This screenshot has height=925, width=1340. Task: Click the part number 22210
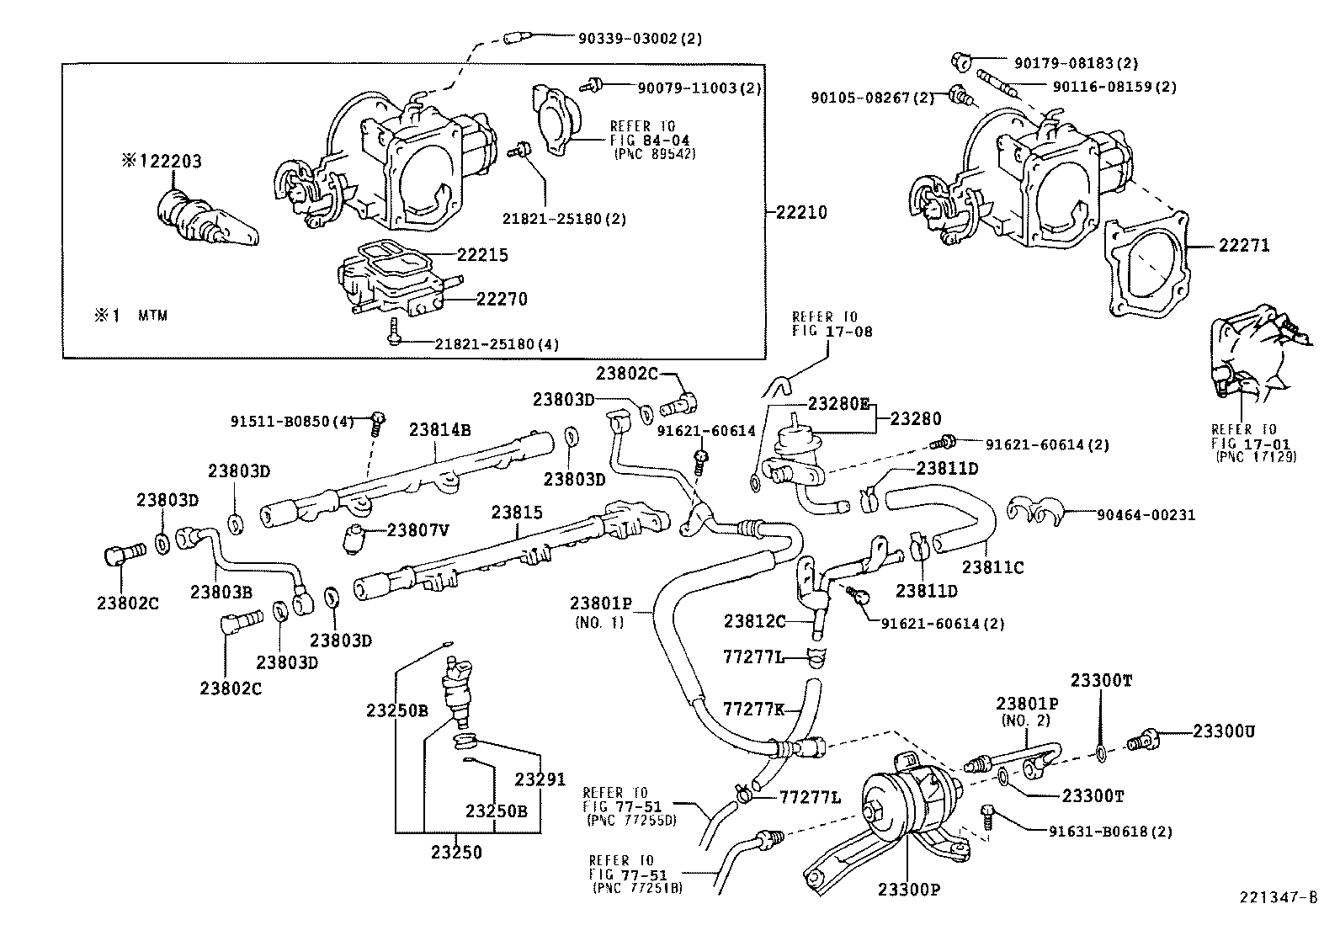point(800,212)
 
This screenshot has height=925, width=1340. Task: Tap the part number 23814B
point(440,429)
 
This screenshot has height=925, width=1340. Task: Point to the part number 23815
point(518,512)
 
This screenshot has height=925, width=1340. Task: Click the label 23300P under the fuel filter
point(909,889)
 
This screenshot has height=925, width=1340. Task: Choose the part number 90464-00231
point(1146,514)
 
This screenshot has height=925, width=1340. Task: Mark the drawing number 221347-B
point(1277,897)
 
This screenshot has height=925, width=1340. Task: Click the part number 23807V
point(417,529)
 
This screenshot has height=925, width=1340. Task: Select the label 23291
point(540,779)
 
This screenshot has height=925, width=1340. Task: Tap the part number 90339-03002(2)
point(640,38)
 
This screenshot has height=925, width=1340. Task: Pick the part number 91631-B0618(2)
point(1110,832)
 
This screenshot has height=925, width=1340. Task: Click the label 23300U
point(1223,731)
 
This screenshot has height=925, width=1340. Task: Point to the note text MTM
point(152,316)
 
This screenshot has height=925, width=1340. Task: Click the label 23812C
point(754,621)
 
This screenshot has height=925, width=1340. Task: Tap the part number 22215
point(482,254)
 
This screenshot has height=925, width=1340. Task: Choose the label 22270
point(502,298)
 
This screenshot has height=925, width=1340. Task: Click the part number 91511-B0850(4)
point(292,421)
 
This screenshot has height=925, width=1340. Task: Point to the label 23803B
point(221,591)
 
